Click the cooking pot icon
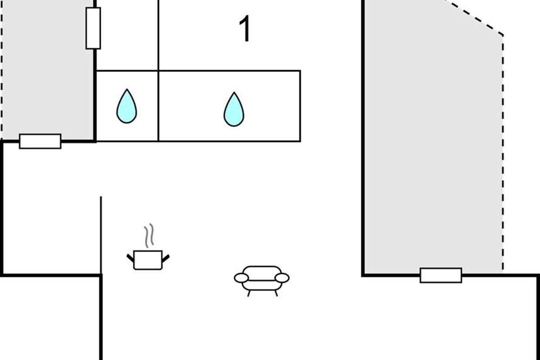click(148, 260)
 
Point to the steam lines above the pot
click(149, 235)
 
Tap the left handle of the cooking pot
click(130, 258)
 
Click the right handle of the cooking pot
click(166, 258)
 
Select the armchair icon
click(261, 279)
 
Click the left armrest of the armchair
click(241, 278)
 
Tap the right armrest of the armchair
click(282, 278)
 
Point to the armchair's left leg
click(249, 293)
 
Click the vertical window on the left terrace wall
click(93, 28)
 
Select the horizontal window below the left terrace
click(40, 141)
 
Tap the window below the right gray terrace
click(441, 275)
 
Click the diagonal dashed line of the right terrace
click(472, 17)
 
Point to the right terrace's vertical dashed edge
click(503, 153)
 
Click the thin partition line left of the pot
click(101, 234)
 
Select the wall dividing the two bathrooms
click(158, 106)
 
